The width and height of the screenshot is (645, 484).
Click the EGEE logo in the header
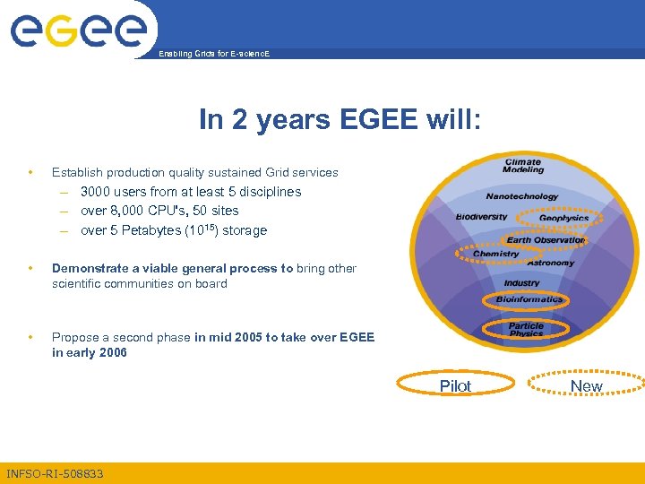tap(78, 30)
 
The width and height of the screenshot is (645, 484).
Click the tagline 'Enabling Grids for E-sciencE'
tap(213, 54)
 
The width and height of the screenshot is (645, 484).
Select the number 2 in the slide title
tap(239, 120)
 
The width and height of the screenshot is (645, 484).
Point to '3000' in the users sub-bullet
tap(97, 191)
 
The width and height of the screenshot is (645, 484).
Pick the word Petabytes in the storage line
tap(146, 230)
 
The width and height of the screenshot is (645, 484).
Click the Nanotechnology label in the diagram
tap(521, 196)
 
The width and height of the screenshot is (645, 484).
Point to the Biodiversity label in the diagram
tap(481, 216)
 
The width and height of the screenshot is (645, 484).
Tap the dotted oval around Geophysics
tap(563, 218)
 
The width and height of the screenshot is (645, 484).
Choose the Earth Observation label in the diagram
tap(546, 239)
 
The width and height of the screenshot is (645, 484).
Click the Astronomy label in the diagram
tap(550, 263)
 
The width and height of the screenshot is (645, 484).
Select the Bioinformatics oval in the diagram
tap(529, 298)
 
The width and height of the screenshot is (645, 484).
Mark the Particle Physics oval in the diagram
tap(526, 329)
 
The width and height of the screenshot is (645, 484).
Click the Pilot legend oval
tap(455, 385)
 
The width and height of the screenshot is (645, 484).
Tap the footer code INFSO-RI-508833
tap(55, 473)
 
